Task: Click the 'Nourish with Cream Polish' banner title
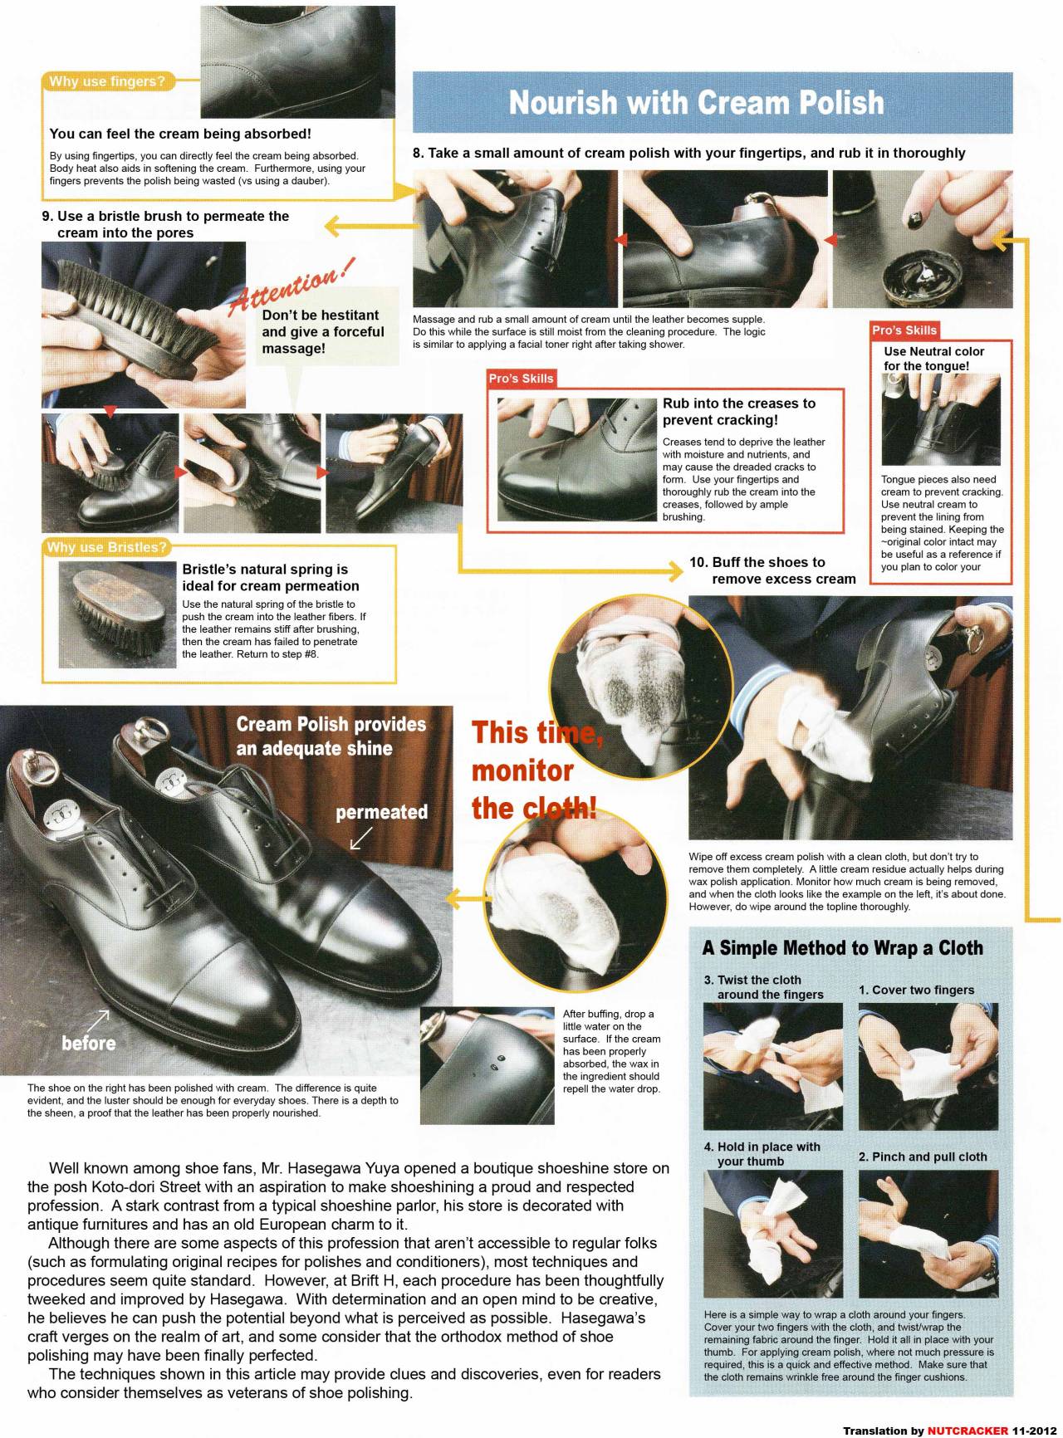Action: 696,102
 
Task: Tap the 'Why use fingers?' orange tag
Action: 107,81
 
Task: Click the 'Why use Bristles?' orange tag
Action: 106,547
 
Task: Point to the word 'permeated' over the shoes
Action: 381,812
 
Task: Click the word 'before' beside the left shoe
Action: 89,1043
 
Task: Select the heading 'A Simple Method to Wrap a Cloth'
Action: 842,947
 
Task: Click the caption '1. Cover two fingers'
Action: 916,990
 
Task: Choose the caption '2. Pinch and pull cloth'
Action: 923,1157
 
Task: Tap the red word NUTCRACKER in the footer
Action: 968,1431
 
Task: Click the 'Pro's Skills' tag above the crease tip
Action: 521,379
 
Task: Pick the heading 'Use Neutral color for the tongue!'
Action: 933,359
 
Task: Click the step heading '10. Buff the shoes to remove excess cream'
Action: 772,570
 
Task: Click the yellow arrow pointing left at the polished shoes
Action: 468,898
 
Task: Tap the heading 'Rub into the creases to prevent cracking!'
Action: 739,411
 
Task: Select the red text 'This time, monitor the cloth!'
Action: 536,770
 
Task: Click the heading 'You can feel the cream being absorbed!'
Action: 180,134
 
